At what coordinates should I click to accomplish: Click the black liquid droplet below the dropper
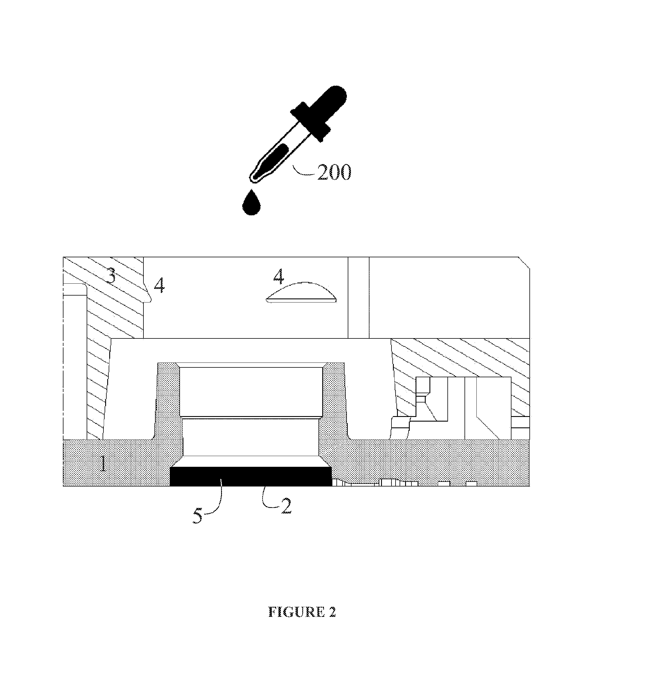(251, 203)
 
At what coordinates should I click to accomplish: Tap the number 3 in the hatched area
(110, 275)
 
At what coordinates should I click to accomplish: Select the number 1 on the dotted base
(103, 463)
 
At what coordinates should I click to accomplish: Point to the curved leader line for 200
(304, 171)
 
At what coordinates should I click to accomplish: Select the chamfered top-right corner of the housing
(524, 263)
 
